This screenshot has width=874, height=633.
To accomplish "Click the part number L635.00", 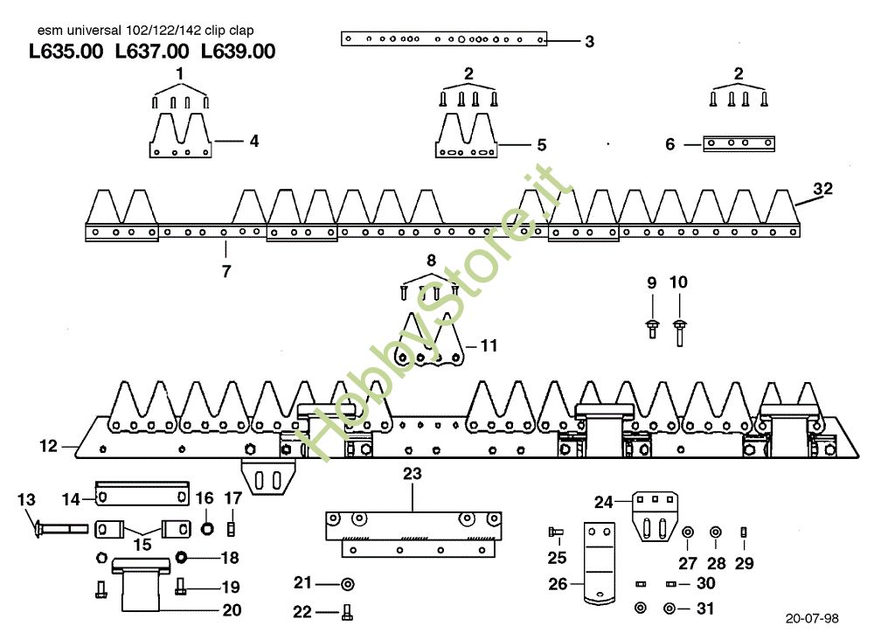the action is coord(66,52).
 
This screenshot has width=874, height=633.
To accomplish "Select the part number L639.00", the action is coord(238,52).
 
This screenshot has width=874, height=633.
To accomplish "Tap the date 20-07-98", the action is coord(812,618).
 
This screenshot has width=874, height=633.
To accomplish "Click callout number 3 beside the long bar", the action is coord(590,41).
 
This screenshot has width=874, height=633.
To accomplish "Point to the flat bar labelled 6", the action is coord(739,143).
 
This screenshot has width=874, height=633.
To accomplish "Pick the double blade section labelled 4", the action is coord(181,136).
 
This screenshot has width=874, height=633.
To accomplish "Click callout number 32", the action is coord(822,189).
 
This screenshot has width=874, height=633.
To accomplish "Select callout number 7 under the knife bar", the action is coord(225,271).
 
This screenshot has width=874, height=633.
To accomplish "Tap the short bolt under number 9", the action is coord(652,329).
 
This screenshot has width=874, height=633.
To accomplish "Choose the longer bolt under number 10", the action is coord(679,333).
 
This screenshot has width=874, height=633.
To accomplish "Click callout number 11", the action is coord(489,345).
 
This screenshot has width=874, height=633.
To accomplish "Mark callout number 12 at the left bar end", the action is coord(48,446).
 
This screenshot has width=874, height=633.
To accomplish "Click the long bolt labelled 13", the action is coord(61,528).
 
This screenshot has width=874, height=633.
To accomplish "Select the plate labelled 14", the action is coord(142,494).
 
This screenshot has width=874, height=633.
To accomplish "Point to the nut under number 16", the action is coord(207,528).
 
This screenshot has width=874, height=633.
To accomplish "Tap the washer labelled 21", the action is coord(347,585).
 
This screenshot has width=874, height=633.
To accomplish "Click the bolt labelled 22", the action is coord(347,612).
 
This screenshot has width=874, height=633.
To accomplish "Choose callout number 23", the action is coord(412,474).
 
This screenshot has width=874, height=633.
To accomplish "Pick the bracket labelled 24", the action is coord(655,517).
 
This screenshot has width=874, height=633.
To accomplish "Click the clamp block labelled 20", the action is coord(141,584).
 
